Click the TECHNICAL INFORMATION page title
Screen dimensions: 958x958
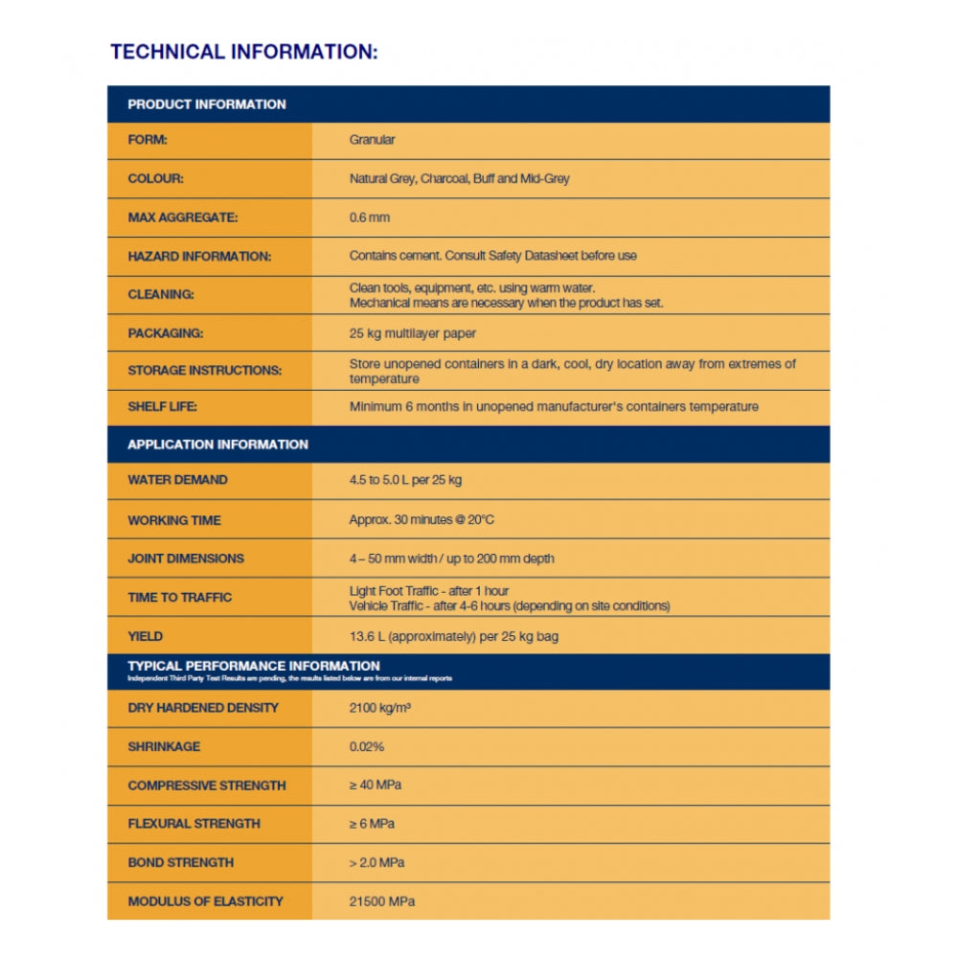pyautogui.click(x=243, y=52)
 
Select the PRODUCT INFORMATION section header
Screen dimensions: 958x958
pyautogui.click(x=207, y=104)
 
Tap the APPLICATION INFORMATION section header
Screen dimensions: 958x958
pyautogui.click(x=218, y=445)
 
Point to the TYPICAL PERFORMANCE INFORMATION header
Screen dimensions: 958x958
pyautogui.click(x=254, y=666)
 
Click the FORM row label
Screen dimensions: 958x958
pyautogui.click(x=148, y=140)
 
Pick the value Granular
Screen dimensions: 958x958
pyautogui.click(x=372, y=140)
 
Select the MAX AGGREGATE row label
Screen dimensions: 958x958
pyautogui.click(x=183, y=217)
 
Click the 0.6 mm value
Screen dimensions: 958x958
pyautogui.click(x=370, y=217)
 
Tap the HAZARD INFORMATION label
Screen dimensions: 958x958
pyautogui.click(x=199, y=256)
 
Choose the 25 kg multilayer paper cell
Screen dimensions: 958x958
pyautogui.click(x=413, y=333)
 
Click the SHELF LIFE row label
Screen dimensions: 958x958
pyautogui.click(x=162, y=406)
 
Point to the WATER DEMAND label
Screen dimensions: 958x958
pyautogui.click(x=178, y=480)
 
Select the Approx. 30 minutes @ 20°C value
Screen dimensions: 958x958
pyautogui.click(x=422, y=520)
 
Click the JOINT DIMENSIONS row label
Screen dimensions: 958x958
pyautogui.click(x=186, y=559)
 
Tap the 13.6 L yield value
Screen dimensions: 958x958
pyautogui.click(x=453, y=636)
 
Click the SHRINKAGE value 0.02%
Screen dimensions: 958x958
pyautogui.click(x=367, y=746)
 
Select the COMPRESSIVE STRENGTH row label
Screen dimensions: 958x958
pyautogui.click(x=207, y=786)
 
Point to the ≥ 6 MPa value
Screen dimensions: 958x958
pyautogui.click(x=372, y=824)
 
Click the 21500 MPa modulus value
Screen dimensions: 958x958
pyautogui.click(x=382, y=901)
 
